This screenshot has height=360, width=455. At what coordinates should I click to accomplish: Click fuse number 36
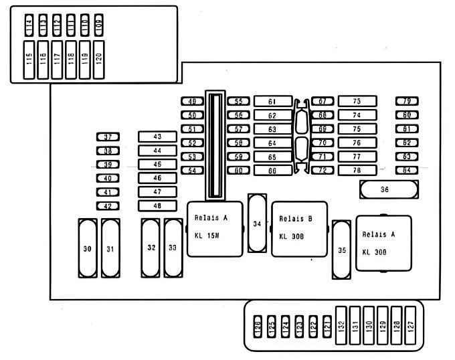[384, 190]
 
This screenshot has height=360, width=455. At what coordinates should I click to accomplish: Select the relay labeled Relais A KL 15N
[211, 228]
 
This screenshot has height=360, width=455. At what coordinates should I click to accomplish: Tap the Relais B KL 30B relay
[295, 228]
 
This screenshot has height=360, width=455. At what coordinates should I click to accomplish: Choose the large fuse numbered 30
[87, 248]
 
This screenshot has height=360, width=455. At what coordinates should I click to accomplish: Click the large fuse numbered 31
[109, 248]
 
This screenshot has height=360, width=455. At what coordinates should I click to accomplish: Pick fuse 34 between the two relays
[257, 223]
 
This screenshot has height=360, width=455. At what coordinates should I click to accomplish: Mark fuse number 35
[342, 251]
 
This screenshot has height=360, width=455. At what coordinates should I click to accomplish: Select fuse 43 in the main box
[157, 137]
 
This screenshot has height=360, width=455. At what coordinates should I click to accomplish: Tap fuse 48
[157, 206]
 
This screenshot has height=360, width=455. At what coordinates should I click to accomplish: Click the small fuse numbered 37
[107, 137]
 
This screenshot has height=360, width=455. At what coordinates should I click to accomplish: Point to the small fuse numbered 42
[107, 206]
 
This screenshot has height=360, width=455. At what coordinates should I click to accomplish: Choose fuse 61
[272, 102]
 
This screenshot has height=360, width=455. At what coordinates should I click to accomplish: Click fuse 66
[272, 171]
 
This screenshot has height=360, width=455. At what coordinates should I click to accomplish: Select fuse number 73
[357, 102]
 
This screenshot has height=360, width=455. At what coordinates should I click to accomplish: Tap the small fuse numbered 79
[406, 102]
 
